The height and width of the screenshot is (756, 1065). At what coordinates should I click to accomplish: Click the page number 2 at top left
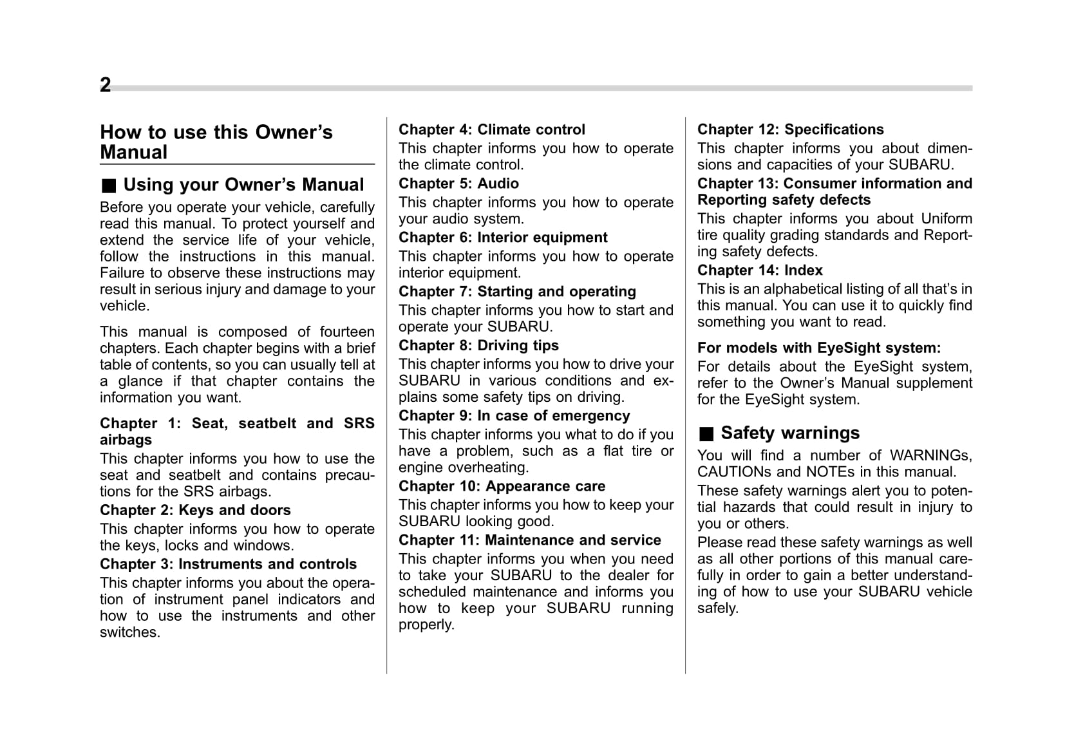(106, 85)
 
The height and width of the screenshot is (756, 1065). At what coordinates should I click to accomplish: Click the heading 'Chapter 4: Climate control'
(492, 129)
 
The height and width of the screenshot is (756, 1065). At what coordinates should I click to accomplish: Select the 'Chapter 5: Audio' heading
(458, 184)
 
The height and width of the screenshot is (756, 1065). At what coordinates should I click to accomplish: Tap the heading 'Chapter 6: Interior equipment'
(503, 238)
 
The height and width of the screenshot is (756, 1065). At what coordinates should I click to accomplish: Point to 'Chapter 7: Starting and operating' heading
(517, 292)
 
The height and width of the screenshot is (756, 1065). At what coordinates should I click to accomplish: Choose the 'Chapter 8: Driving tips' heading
(478, 346)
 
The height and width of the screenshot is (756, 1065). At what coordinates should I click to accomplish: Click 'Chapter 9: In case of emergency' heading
(514, 416)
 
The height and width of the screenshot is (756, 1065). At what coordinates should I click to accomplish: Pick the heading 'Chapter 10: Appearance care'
(502, 486)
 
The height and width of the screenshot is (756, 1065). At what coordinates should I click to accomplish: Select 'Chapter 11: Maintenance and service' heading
(529, 540)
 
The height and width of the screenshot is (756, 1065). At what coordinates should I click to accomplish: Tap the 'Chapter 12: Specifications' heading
(790, 129)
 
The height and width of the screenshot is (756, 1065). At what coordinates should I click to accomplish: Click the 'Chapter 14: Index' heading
(760, 270)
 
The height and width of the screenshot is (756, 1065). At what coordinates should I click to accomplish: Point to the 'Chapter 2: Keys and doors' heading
(195, 511)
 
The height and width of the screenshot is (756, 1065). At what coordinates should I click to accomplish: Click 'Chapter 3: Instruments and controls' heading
(228, 565)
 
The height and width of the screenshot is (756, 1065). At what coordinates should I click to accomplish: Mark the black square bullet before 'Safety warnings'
(706, 434)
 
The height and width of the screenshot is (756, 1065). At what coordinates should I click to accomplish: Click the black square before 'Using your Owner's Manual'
(109, 186)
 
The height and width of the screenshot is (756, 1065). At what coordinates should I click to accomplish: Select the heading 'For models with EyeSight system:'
(818, 348)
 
